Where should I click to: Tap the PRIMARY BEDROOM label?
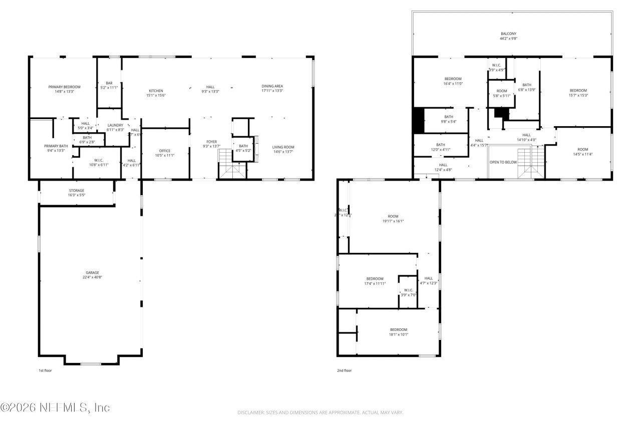(64, 87)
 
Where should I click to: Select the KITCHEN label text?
(156, 91)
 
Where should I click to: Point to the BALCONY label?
(508, 34)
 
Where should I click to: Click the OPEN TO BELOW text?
(503, 162)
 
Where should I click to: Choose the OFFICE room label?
(165, 151)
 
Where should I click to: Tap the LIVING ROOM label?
(283, 147)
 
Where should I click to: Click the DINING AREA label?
(272, 86)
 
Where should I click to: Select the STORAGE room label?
(77, 190)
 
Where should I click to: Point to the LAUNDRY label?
(115, 125)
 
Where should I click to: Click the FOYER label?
(211, 142)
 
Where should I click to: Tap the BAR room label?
(109, 83)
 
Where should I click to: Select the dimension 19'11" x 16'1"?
(393, 221)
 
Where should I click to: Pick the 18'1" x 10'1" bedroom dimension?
(399, 334)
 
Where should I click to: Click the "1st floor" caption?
(45, 370)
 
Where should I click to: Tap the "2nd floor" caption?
(344, 370)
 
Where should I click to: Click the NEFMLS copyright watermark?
(55, 407)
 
